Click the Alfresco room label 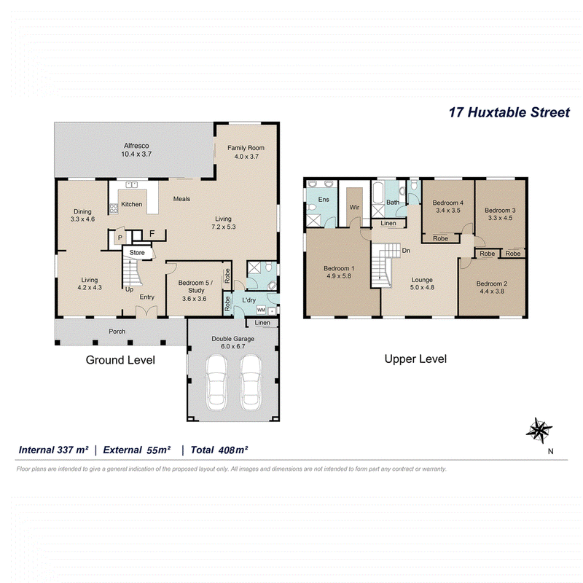tap(136, 146)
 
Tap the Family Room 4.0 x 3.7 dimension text tap(246, 157)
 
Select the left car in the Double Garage tap(216, 383)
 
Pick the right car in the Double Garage tap(251, 383)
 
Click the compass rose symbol tap(539, 430)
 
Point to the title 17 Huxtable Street tap(509, 112)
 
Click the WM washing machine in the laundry tap(261, 310)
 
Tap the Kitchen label tap(132, 204)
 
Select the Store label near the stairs tap(137, 252)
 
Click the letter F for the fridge tap(152, 234)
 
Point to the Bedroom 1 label tap(339, 268)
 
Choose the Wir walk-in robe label tap(354, 207)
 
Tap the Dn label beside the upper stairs tap(406, 251)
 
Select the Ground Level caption tap(120, 360)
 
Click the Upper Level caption tap(415, 359)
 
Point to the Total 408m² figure tap(219, 450)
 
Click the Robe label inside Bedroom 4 tap(441, 238)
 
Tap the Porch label tap(117, 332)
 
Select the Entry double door tap(146, 312)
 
